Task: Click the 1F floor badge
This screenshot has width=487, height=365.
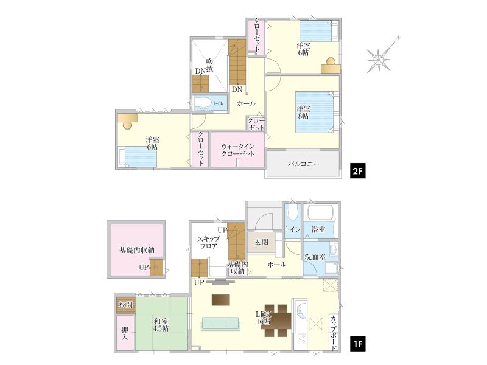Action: (357, 344)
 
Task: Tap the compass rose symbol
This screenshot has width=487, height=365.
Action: (379, 59)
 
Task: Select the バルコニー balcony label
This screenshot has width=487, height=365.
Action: (303, 164)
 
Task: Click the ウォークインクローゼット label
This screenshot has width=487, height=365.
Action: (238, 150)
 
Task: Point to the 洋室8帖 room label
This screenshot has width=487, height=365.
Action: (303, 113)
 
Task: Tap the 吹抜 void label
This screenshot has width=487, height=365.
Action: (209, 65)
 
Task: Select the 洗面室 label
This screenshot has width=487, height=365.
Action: (315, 257)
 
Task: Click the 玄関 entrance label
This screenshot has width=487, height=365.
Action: (261, 242)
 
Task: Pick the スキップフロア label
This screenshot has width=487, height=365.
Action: (209, 242)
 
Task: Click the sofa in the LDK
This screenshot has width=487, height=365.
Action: (220, 324)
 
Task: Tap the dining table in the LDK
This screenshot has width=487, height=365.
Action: (278, 321)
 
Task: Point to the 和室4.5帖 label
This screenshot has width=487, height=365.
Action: (161, 325)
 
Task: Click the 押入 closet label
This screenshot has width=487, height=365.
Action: (125, 333)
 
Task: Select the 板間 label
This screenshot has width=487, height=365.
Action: (126, 305)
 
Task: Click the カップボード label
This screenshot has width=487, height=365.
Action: (333, 333)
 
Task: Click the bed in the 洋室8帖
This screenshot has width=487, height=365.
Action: (317, 112)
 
